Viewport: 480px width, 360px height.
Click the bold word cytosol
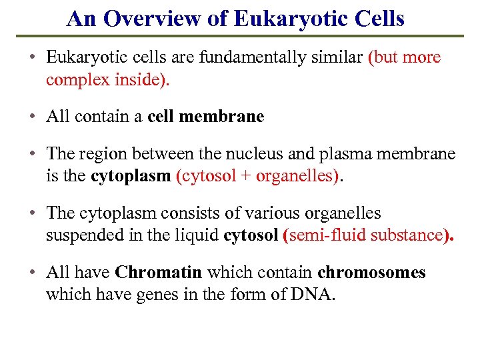251,236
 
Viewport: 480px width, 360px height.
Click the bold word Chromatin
159,273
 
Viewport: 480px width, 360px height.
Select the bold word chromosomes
371,273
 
